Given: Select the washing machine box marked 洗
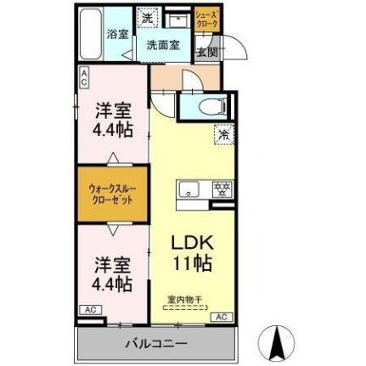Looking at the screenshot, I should (x=146, y=18).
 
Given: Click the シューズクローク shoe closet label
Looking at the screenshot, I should (x=206, y=20).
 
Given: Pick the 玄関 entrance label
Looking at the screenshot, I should (x=206, y=51).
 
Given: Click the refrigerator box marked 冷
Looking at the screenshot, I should (x=225, y=133).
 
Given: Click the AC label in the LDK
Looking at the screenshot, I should (x=220, y=317).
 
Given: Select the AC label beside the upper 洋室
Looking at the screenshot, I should (x=84, y=78).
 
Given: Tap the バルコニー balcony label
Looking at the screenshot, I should (x=157, y=344).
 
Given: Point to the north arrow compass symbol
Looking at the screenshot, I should (x=276, y=341).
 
